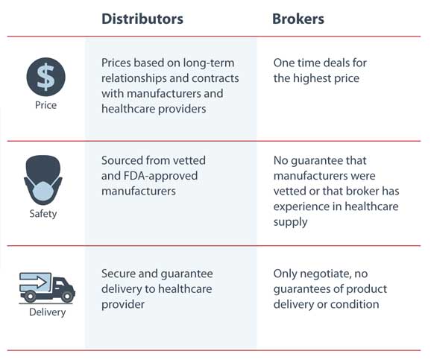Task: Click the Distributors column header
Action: [x=142, y=19]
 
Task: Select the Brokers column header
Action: [x=298, y=19]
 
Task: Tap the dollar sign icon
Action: [x=46, y=77]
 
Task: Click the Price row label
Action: [x=46, y=105]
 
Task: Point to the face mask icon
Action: [x=43, y=180]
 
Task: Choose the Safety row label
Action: [x=43, y=213]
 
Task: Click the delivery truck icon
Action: [x=47, y=288]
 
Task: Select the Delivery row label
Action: [x=47, y=312]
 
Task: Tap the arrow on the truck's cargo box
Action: [x=34, y=282]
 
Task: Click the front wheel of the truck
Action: [x=67, y=297]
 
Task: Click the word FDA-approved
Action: [x=160, y=176]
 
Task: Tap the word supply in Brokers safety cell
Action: [x=290, y=222]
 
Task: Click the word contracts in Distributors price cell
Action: [x=215, y=78]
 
